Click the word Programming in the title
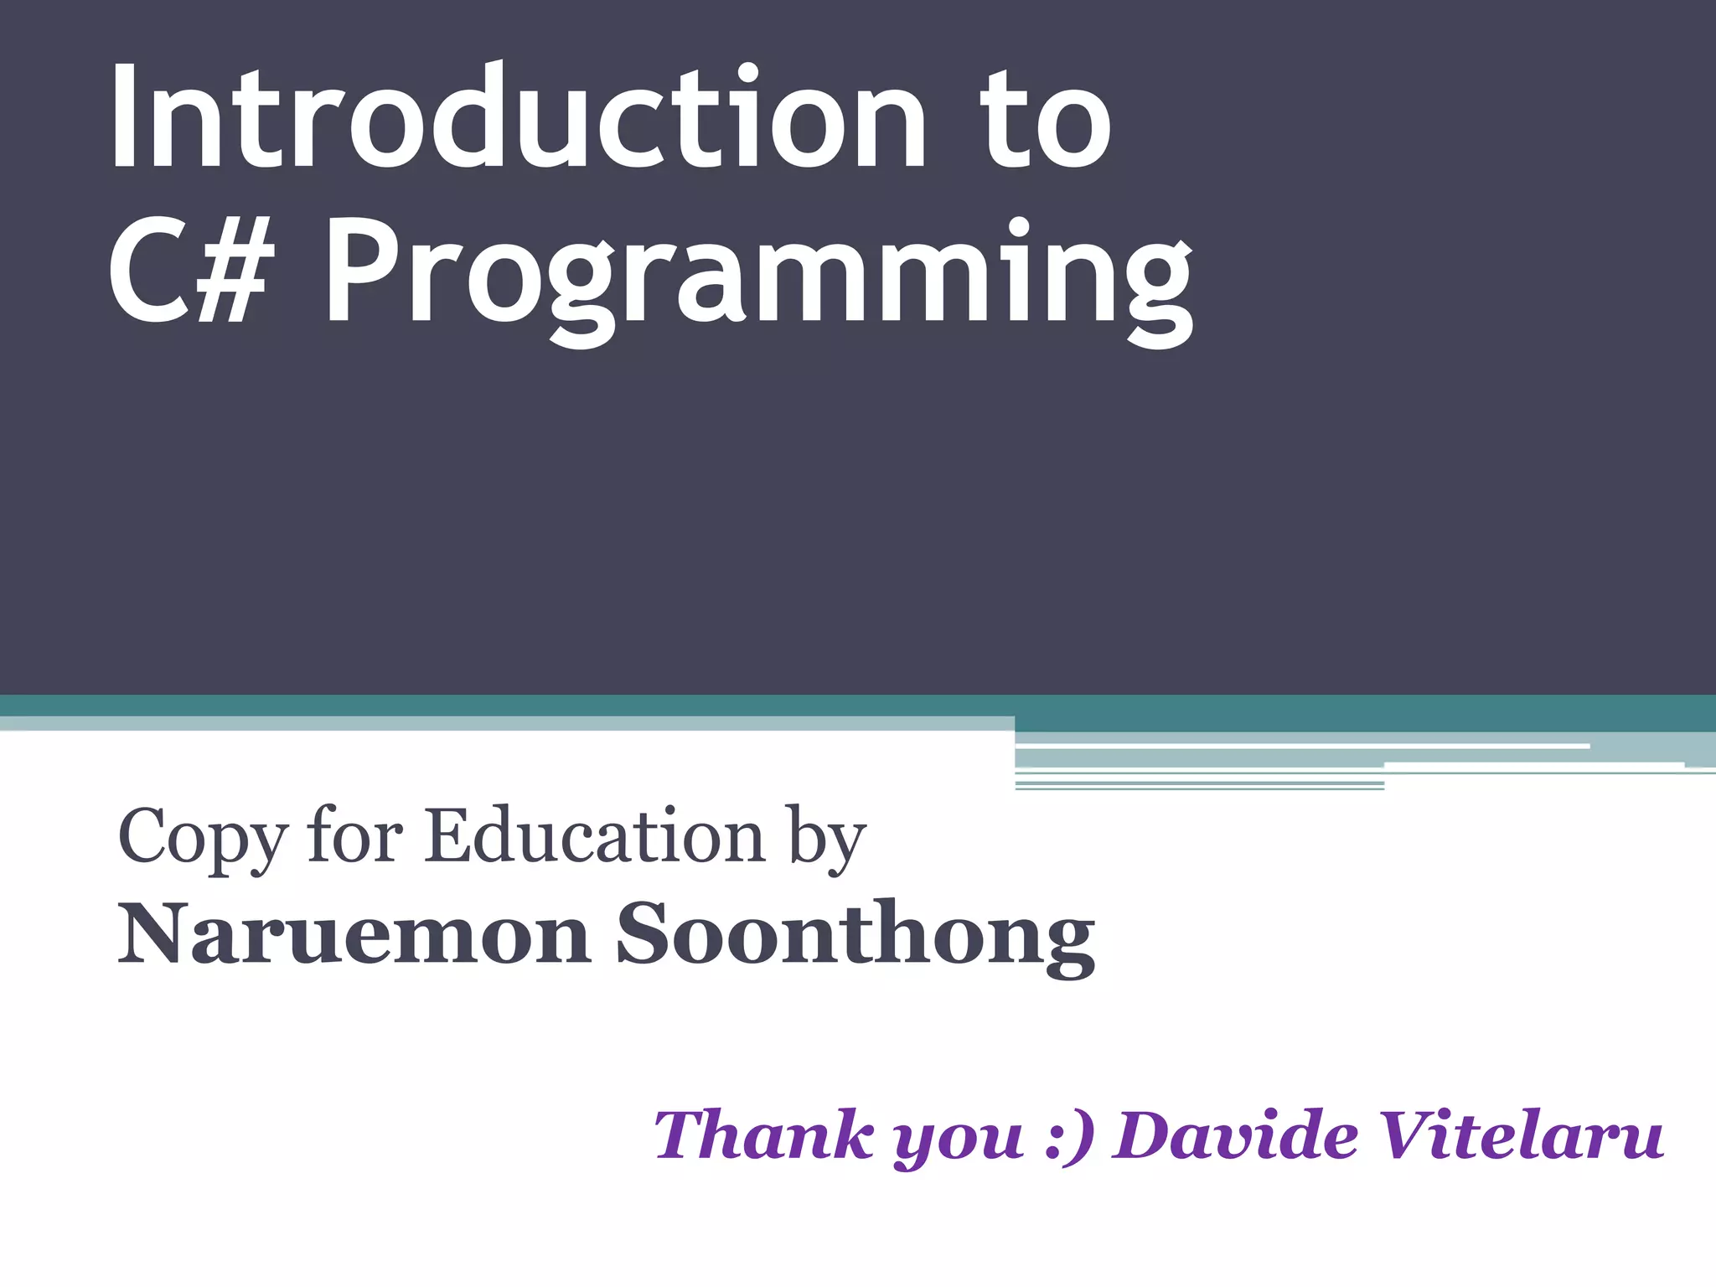click(x=757, y=277)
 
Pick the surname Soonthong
click(x=855, y=935)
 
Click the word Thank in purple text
click(x=763, y=1135)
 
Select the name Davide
click(x=1236, y=1135)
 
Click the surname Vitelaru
click(x=1521, y=1135)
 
